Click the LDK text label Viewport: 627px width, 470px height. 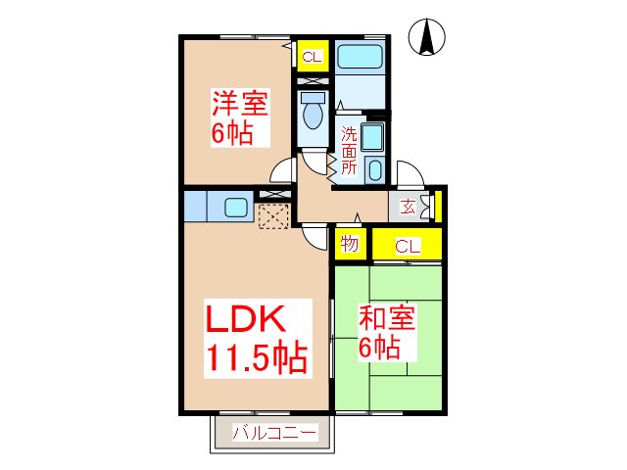click(245, 319)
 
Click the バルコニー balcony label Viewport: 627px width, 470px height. click(274, 432)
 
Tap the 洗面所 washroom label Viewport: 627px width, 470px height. click(349, 150)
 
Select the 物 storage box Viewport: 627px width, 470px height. click(348, 245)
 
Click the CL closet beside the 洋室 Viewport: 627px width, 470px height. click(312, 56)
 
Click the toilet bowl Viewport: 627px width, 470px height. click(313, 116)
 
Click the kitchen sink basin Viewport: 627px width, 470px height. click(236, 207)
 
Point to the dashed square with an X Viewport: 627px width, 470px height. click(272, 214)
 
